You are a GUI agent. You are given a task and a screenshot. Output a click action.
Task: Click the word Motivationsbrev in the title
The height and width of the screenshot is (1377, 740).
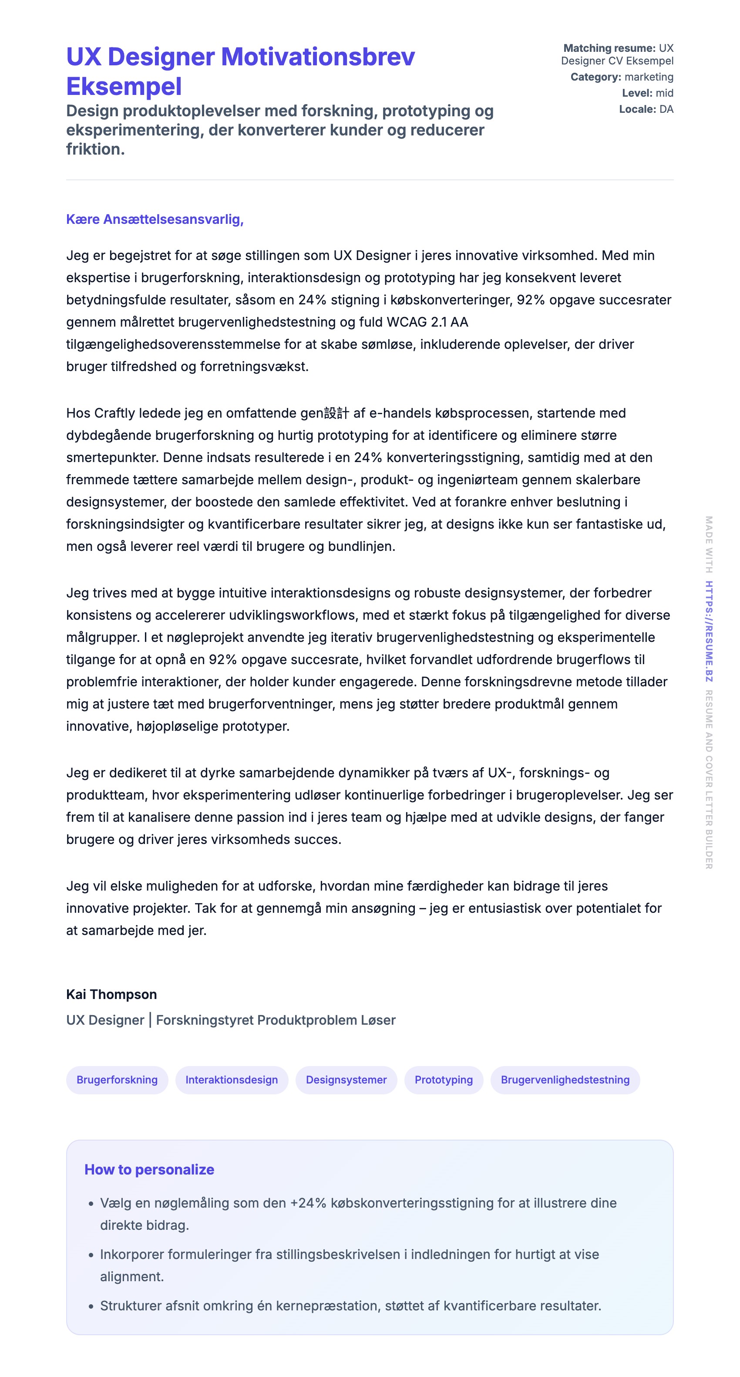pos(317,57)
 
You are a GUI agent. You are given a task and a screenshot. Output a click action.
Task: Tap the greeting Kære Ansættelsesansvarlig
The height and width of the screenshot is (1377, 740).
pos(155,219)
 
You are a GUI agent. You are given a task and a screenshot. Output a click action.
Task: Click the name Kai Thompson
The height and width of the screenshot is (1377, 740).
pos(111,994)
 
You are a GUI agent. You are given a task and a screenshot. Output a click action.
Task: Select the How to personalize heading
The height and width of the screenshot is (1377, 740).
pos(149,1169)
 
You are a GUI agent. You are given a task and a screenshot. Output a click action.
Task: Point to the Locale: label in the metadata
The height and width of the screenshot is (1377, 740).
pos(637,109)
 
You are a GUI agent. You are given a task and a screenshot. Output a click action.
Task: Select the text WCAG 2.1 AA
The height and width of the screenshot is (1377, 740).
pos(427,322)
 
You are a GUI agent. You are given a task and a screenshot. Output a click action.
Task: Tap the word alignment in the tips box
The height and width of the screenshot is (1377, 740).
pos(132,1276)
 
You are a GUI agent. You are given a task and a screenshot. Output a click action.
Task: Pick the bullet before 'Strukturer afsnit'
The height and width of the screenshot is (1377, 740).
pos(91,1306)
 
